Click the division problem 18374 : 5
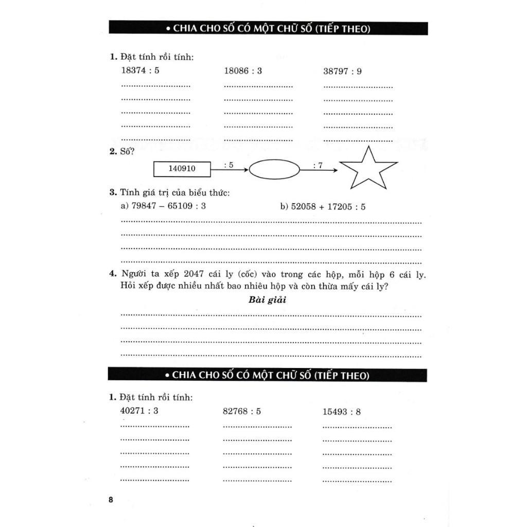pos(140,71)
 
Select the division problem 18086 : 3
pos(243,71)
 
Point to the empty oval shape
pos(274,169)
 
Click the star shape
pos(368,169)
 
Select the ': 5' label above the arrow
pos(229,165)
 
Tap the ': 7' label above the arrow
pos(318,165)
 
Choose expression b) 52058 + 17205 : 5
pos(323,206)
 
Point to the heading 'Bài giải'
pos(267,300)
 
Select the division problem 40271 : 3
pos(139,411)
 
